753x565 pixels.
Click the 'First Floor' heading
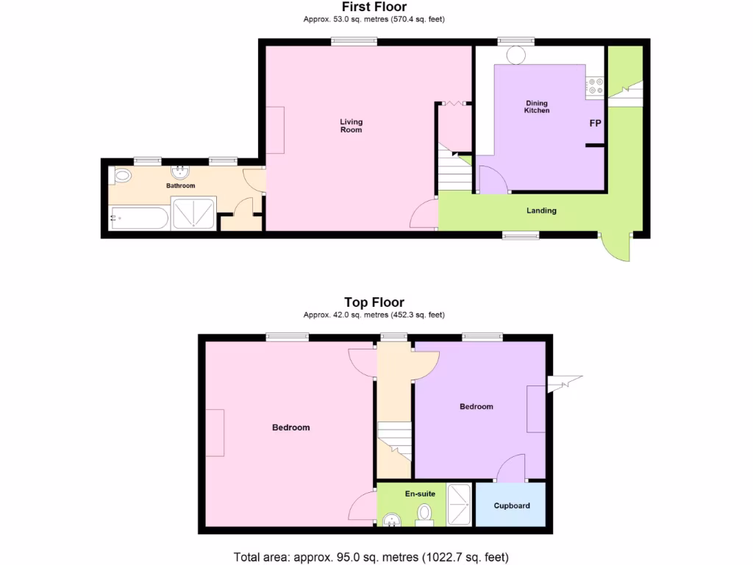374,7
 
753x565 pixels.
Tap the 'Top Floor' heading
374,302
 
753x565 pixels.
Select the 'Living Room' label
351,126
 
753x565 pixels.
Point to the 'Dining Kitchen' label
536,107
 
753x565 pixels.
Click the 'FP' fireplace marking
595,123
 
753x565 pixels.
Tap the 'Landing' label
541,210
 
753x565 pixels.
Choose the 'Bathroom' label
180,186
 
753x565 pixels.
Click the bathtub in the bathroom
139,218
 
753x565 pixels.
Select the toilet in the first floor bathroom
122,176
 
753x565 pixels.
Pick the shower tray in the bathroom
193,213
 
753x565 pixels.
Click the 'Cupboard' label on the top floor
511,505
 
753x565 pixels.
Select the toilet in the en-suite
425,513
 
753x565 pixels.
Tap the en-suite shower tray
460,504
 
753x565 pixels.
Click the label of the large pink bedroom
290,427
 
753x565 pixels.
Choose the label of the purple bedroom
476,406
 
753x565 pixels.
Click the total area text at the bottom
371,557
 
